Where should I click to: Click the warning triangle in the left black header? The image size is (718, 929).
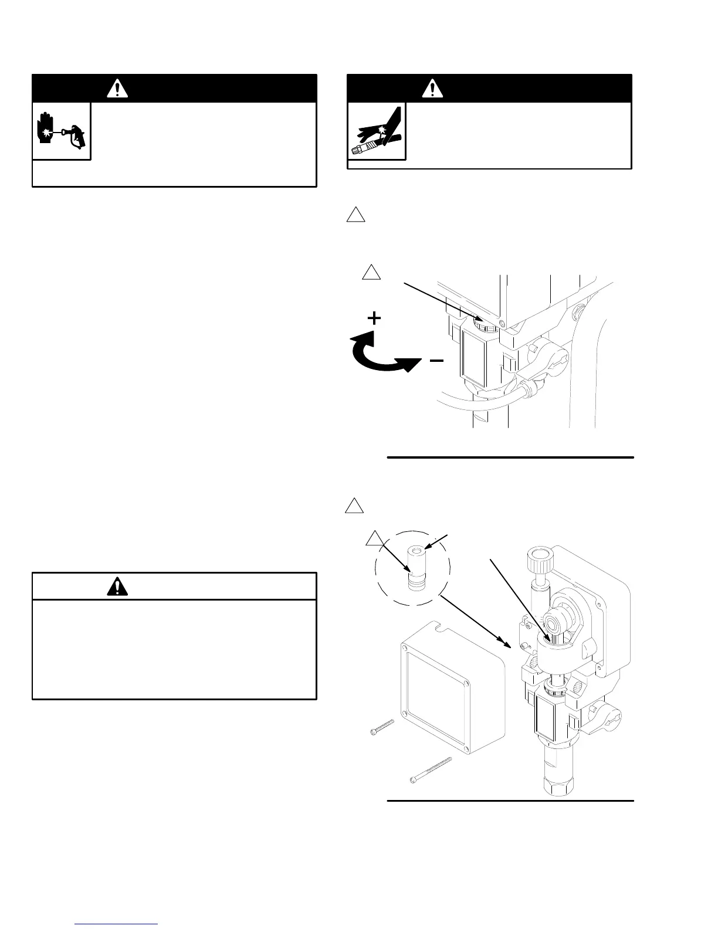click(118, 89)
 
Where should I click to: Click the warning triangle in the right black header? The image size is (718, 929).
click(433, 89)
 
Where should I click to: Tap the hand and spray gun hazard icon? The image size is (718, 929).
click(61, 131)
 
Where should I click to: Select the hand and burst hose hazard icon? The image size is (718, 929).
click(377, 131)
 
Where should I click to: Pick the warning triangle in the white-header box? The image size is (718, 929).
click(117, 586)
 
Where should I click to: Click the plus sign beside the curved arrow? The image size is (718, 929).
click(374, 318)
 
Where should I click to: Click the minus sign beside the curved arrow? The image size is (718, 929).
click(436, 361)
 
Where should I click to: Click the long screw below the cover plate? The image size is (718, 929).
click(431, 770)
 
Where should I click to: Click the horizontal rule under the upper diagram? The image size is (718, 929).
click(510, 457)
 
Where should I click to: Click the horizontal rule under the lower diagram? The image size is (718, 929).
click(510, 800)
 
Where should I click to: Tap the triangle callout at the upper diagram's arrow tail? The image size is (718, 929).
click(371, 273)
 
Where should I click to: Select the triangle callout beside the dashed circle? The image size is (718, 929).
click(374, 539)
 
